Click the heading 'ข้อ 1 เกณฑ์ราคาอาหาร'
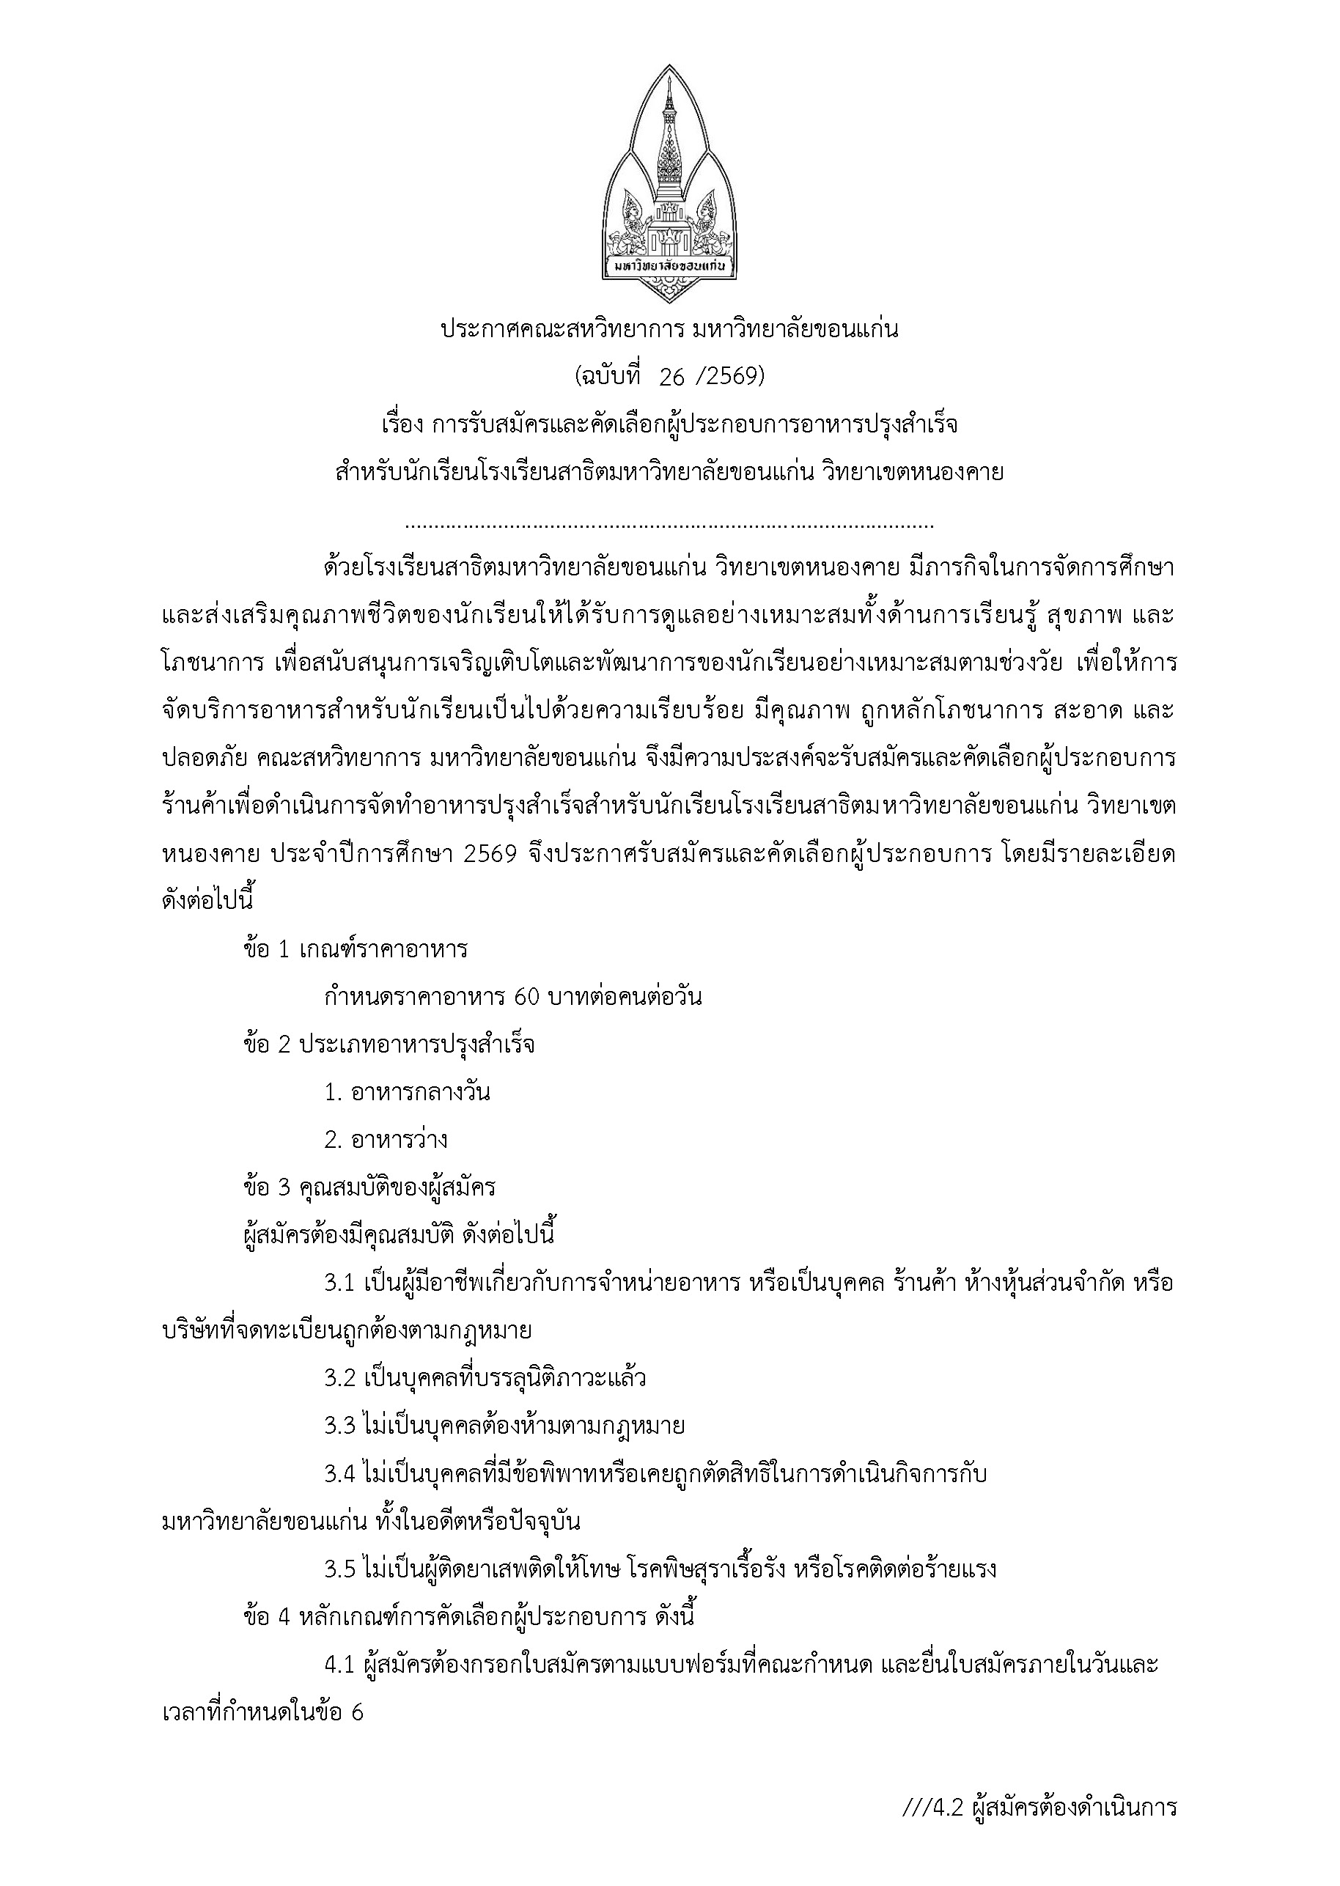tap(356, 948)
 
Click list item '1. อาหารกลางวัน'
tap(407, 1092)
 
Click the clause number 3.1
tap(339, 1283)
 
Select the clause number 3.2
tap(339, 1379)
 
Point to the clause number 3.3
tap(339, 1426)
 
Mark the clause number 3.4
tap(339, 1473)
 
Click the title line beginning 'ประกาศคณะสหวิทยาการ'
tap(669, 330)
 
